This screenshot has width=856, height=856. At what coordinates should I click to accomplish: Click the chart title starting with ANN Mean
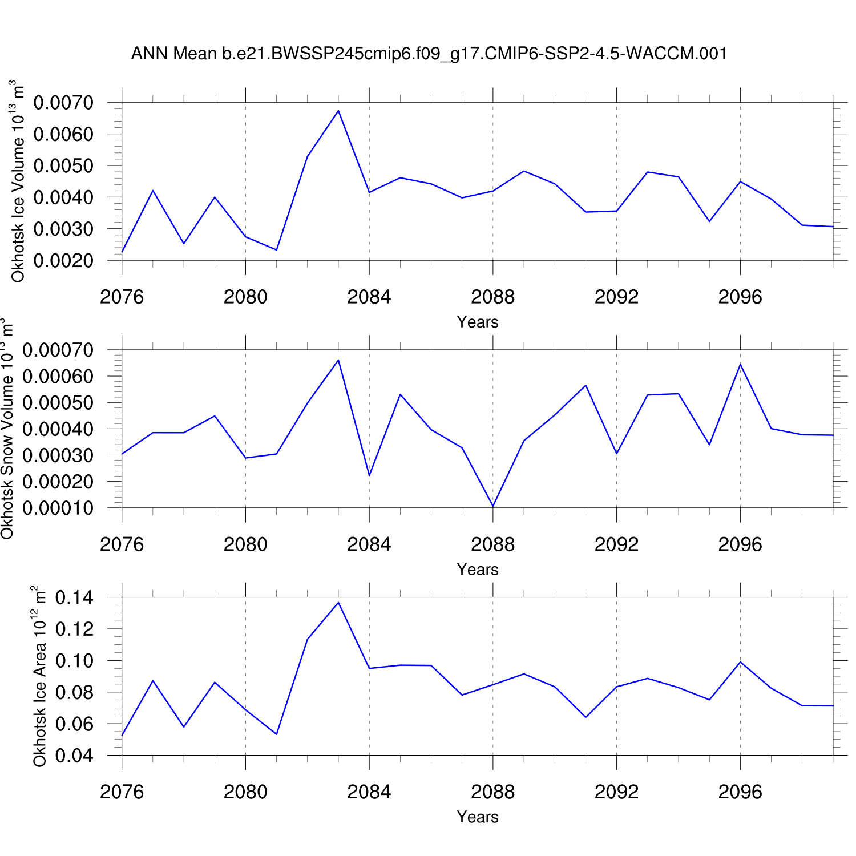[429, 54]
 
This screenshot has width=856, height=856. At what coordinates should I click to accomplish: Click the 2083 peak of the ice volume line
[338, 111]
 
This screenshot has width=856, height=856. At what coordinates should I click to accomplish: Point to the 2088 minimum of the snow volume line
[493, 506]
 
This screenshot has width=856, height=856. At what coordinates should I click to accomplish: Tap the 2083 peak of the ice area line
[338, 603]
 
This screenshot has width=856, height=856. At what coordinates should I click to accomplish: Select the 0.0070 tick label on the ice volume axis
[63, 103]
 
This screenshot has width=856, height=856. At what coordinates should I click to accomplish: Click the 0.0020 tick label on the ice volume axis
[63, 261]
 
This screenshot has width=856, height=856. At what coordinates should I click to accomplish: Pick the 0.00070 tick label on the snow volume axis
[58, 350]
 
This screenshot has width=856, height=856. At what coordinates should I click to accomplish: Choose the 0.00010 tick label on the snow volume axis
[58, 508]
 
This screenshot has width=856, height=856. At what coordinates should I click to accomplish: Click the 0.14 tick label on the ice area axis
[74, 598]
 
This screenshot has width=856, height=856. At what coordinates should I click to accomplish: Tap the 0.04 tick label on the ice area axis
[74, 756]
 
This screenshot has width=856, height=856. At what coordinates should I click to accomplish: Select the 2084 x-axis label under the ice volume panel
[369, 297]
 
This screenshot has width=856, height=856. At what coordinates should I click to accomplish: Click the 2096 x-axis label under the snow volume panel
[740, 545]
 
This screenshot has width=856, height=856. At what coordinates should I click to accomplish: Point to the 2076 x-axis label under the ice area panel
[122, 792]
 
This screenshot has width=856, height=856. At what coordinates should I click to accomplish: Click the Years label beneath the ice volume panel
[478, 322]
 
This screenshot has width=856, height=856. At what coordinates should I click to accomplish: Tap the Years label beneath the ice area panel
[478, 817]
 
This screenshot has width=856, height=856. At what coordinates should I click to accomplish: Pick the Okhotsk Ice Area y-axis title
[39, 676]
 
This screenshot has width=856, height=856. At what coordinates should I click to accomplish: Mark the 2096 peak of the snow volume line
[740, 364]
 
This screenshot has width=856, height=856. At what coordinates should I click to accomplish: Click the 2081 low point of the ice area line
[277, 734]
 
